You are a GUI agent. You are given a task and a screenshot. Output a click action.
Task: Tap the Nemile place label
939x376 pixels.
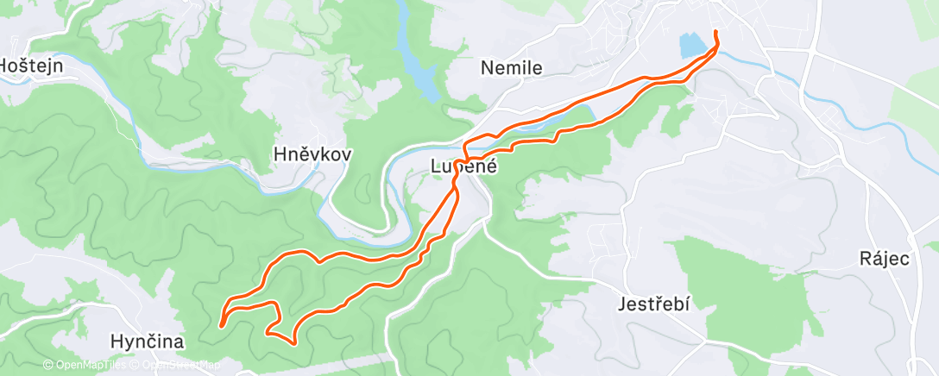[511, 66]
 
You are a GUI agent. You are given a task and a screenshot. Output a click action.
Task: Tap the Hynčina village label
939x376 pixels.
[148, 342]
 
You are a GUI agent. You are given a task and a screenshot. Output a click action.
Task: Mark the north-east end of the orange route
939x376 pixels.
[715, 32]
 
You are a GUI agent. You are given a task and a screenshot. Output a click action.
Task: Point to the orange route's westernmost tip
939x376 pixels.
[222, 325]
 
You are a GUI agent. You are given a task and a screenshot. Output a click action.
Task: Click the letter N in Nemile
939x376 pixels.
[487, 66]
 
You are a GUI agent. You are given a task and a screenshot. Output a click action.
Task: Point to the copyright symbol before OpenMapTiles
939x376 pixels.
[48, 366]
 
